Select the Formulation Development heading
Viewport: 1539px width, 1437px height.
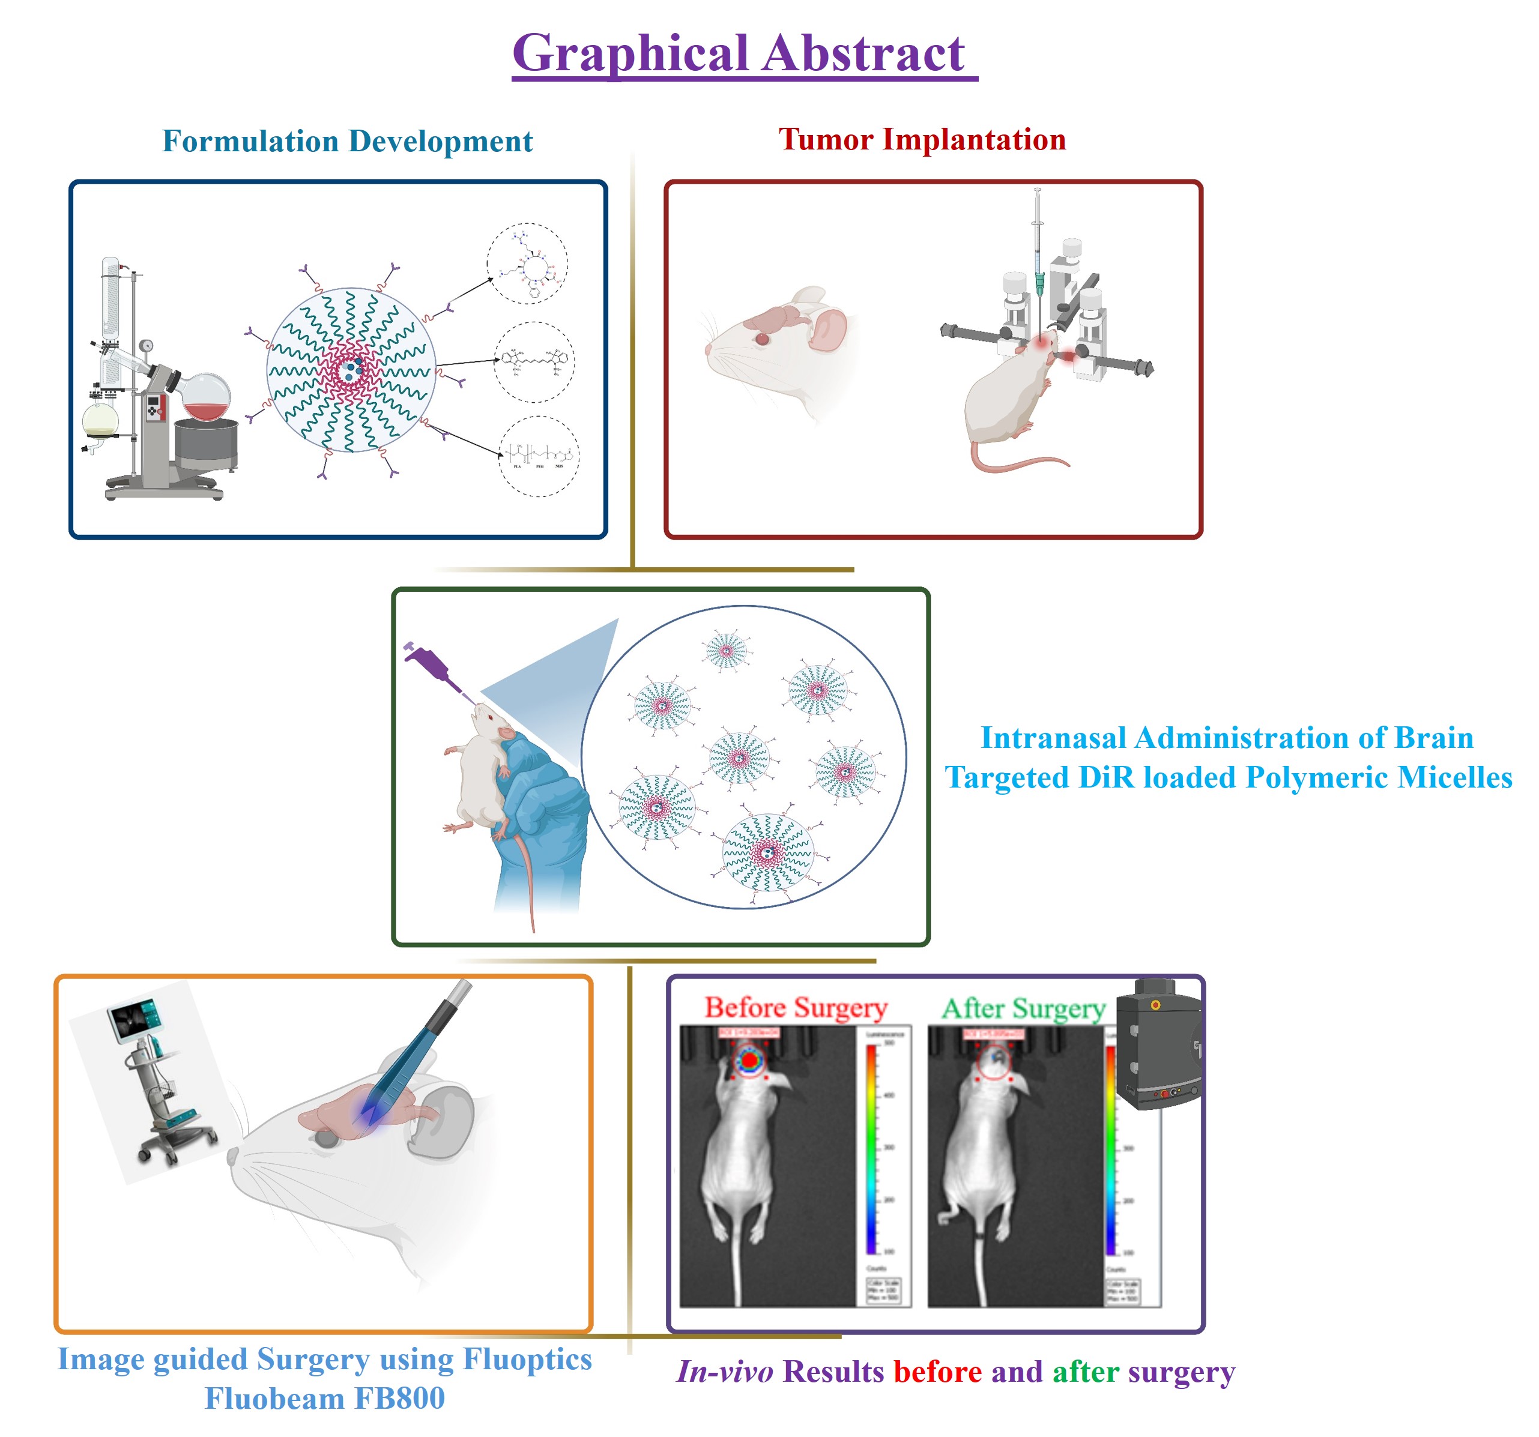click(x=347, y=141)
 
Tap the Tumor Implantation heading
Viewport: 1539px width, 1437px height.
click(x=921, y=139)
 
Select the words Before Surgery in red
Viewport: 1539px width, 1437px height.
click(x=795, y=1008)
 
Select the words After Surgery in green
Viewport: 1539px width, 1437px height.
click(x=1023, y=1008)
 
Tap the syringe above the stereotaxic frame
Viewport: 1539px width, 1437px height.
click(x=1038, y=248)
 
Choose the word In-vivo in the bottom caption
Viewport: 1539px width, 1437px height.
click(x=725, y=1372)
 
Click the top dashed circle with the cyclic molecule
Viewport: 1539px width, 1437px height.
click(x=527, y=264)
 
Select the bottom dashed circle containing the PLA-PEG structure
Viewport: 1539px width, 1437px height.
click(x=539, y=457)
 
